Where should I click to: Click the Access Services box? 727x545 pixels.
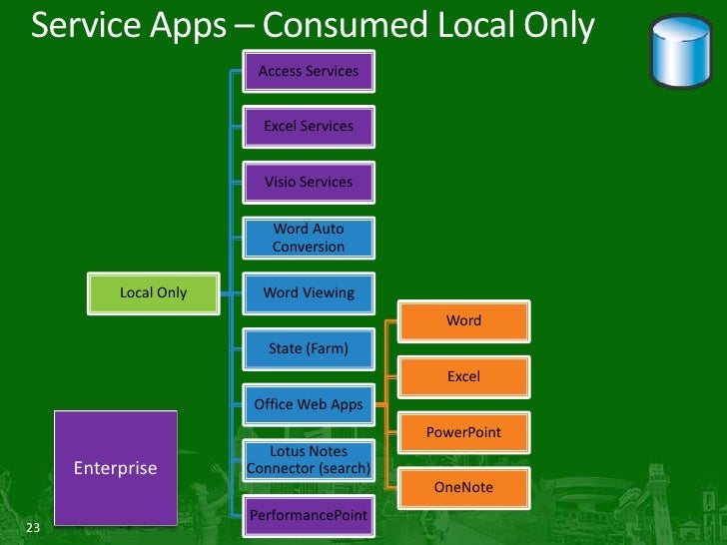pos(309,71)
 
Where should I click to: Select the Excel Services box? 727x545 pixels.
pos(309,127)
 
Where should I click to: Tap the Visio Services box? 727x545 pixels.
pos(309,183)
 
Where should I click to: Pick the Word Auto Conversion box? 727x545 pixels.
pos(309,238)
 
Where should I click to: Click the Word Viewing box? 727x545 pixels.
pos(309,293)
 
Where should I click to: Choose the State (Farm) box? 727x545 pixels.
pos(309,349)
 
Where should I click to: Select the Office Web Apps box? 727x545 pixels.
pos(309,405)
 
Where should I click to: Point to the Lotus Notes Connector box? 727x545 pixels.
pos(309,460)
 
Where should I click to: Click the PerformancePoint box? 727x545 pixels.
pos(309,515)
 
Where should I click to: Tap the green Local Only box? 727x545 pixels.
pos(154,293)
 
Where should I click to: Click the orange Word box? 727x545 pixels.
pos(463,321)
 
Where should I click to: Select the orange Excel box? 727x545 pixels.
pos(463,377)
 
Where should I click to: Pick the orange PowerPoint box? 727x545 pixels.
pos(463,433)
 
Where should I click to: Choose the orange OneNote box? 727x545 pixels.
pos(463,488)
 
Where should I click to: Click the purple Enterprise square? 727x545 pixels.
pos(115,467)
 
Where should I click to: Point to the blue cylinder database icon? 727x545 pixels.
pos(680,51)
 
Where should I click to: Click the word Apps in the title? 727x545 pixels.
pos(188,26)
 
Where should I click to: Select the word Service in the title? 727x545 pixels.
pos(87,24)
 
